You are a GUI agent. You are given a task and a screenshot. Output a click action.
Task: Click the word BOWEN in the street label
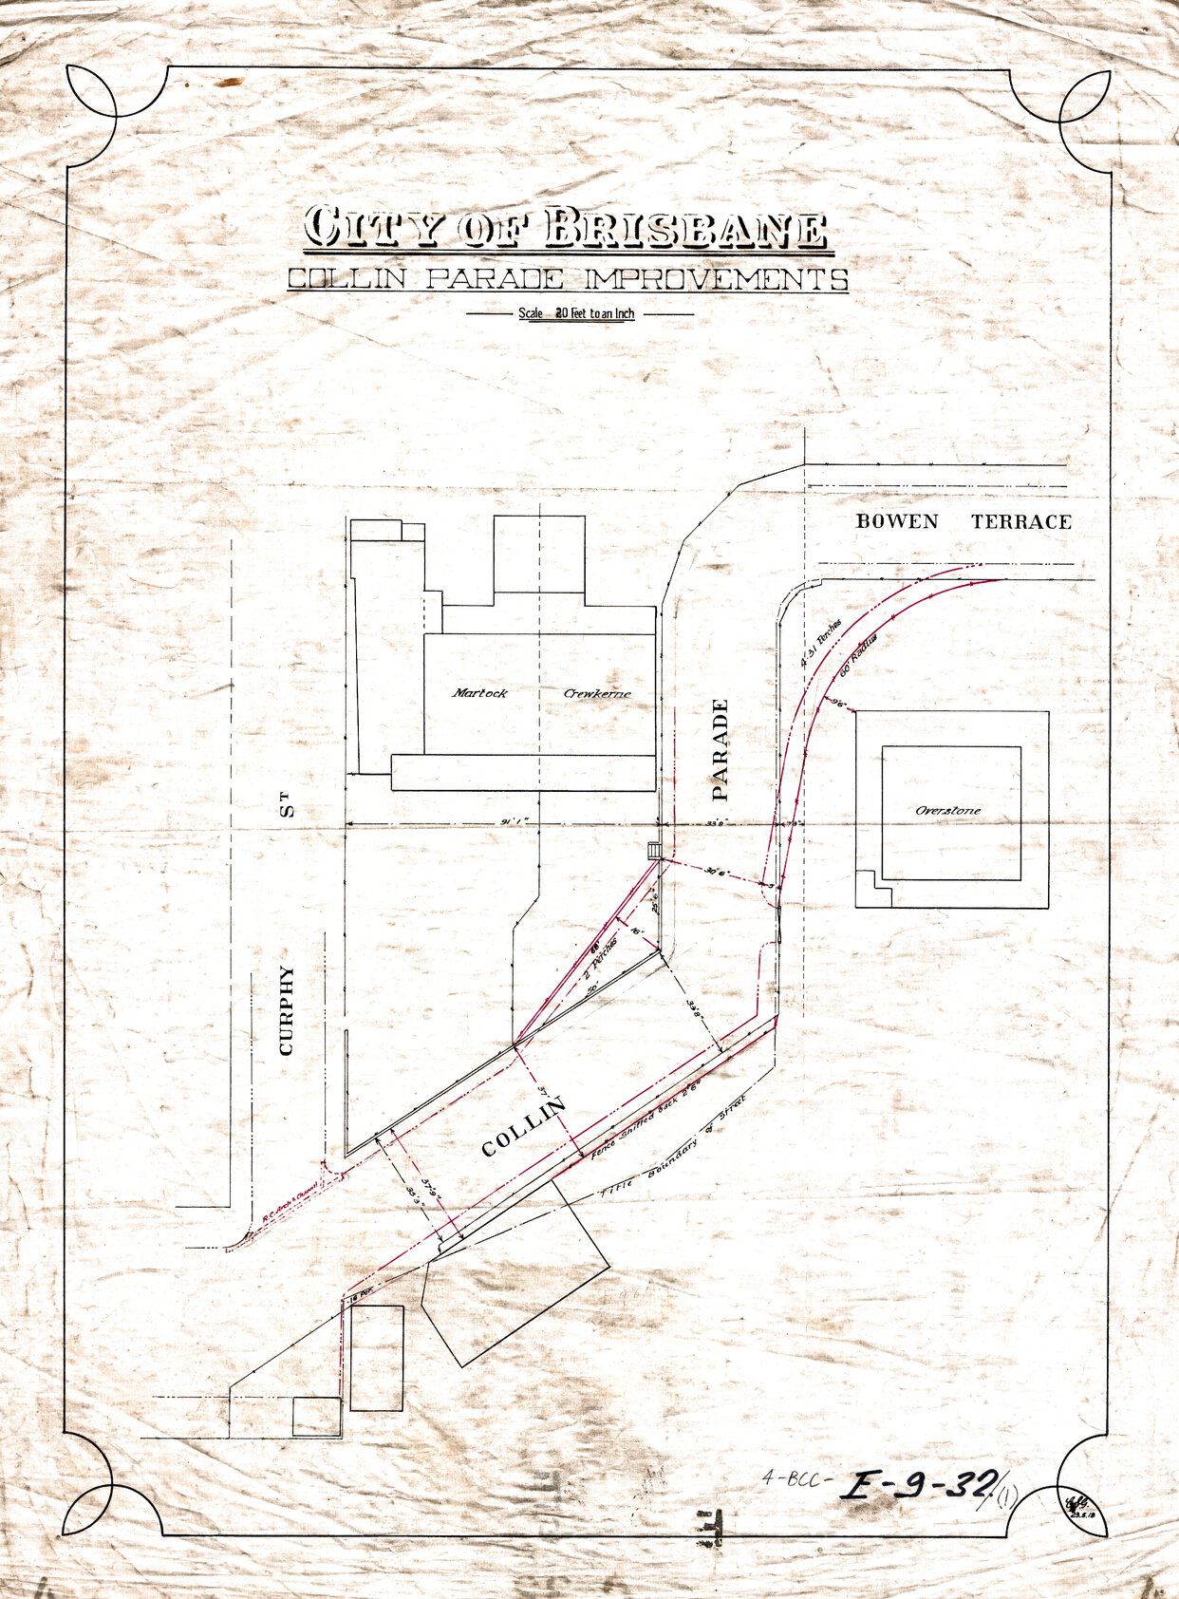tap(897, 521)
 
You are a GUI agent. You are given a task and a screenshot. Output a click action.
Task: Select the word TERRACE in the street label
tap(1021, 521)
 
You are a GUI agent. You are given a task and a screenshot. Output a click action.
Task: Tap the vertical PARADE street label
tap(720, 749)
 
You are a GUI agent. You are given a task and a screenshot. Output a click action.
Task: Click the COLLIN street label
tap(523, 1127)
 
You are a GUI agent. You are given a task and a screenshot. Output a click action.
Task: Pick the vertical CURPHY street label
tap(287, 1011)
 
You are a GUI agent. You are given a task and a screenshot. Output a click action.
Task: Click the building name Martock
tap(479, 693)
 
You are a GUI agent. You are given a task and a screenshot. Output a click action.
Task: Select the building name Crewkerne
tap(597, 693)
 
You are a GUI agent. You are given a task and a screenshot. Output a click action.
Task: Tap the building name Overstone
tap(948, 811)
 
